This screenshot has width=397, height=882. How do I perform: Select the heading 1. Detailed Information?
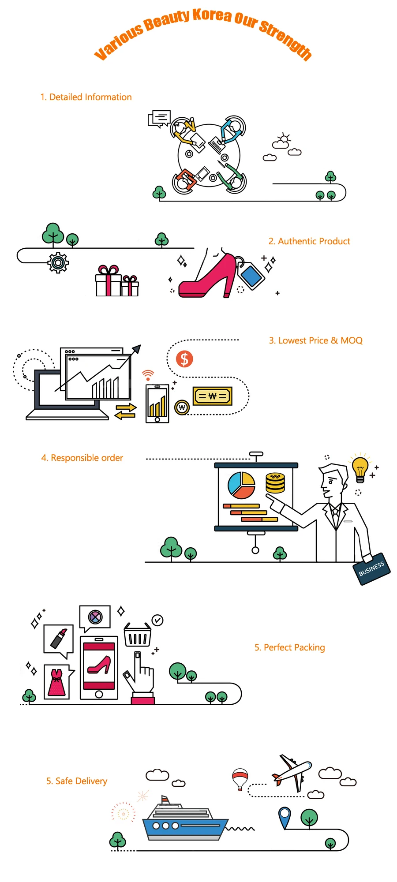click(x=86, y=97)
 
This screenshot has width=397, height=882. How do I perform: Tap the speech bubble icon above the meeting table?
click(x=159, y=118)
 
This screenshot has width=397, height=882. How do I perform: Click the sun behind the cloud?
click(x=284, y=138)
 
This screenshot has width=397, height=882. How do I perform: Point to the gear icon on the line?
click(x=58, y=263)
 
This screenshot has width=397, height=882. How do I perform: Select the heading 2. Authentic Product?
click(x=309, y=241)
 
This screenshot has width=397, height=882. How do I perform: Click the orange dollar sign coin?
click(x=184, y=359)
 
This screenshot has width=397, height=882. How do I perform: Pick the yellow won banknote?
click(x=212, y=396)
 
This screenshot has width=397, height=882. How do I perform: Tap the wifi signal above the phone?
click(x=148, y=375)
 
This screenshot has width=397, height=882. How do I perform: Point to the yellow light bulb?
click(x=360, y=469)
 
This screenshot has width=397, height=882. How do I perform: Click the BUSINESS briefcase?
click(x=372, y=569)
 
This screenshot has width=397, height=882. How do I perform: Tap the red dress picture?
click(x=57, y=682)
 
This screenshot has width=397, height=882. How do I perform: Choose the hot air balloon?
click(x=240, y=778)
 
